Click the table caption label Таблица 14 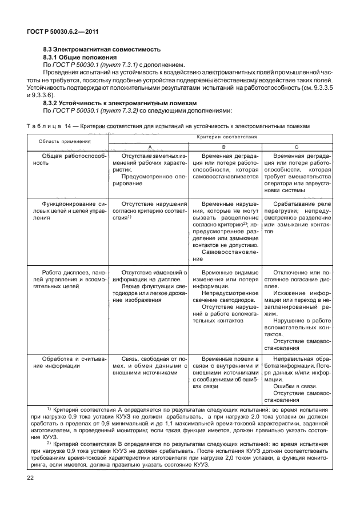[x=50, y=125]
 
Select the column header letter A [x=150, y=147]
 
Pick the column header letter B [x=224, y=147]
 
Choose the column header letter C [x=296, y=147]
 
